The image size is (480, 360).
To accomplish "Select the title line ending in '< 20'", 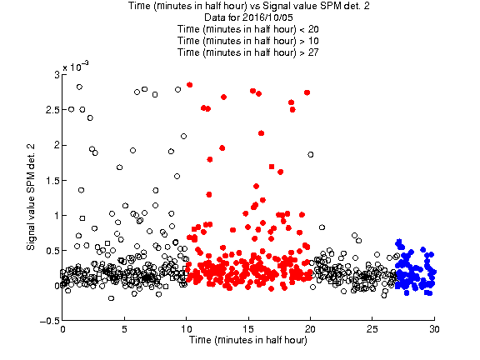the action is tap(248, 29).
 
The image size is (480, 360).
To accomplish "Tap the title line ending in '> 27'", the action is tap(248, 52).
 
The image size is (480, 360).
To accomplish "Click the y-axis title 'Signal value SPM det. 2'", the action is tap(31, 197).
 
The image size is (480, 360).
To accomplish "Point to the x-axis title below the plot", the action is tap(248, 340).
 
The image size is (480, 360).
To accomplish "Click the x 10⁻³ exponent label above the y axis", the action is tap(76, 67).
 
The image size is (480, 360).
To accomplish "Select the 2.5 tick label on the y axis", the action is tap(52, 110).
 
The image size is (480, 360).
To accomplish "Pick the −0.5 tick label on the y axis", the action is tap(50, 321).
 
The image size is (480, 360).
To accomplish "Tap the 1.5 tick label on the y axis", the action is tap(52, 180).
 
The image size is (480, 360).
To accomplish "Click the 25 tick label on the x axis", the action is tap(372, 329).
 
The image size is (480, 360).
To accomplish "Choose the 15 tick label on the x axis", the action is tap(248, 329).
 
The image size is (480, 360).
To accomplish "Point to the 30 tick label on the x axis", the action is tap(434, 329).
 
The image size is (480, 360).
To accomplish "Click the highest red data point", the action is tap(189, 85).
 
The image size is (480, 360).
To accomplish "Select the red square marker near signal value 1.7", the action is tap(272, 167).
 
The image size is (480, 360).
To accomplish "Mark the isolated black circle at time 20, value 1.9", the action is tap(310, 155).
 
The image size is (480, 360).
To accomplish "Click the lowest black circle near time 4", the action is tap(111, 298).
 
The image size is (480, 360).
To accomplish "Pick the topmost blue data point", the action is tap(398, 242).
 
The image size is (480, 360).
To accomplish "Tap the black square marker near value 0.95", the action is tap(82, 218).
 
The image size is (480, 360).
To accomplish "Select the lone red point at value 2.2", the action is tap(261, 133).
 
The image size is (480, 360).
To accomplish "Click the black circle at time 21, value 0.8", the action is tap(322, 227).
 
